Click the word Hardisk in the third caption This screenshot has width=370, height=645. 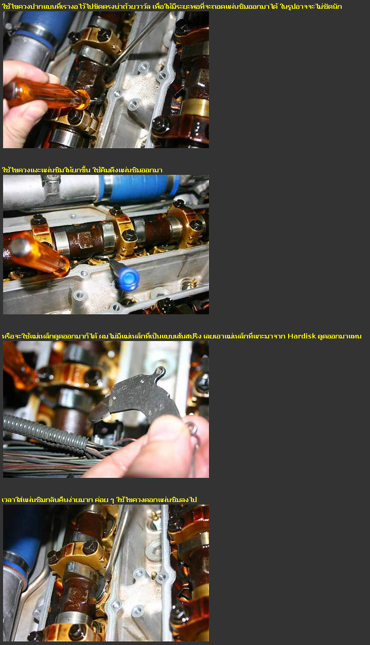pyautogui.click(x=302, y=336)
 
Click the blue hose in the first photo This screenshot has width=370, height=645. pyautogui.click(x=43, y=23)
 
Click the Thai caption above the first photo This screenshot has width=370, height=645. pyautogui.click(x=172, y=6)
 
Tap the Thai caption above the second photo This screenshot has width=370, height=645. pyautogui.click(x=82, y=170)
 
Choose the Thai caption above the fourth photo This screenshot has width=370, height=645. pyautogui.click(x=99, y=499)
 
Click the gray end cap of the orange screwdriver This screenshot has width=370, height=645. pyautogui.click(x=21, y=247)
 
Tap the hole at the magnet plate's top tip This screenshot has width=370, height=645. pyautogui.click(x=160, y=370)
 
